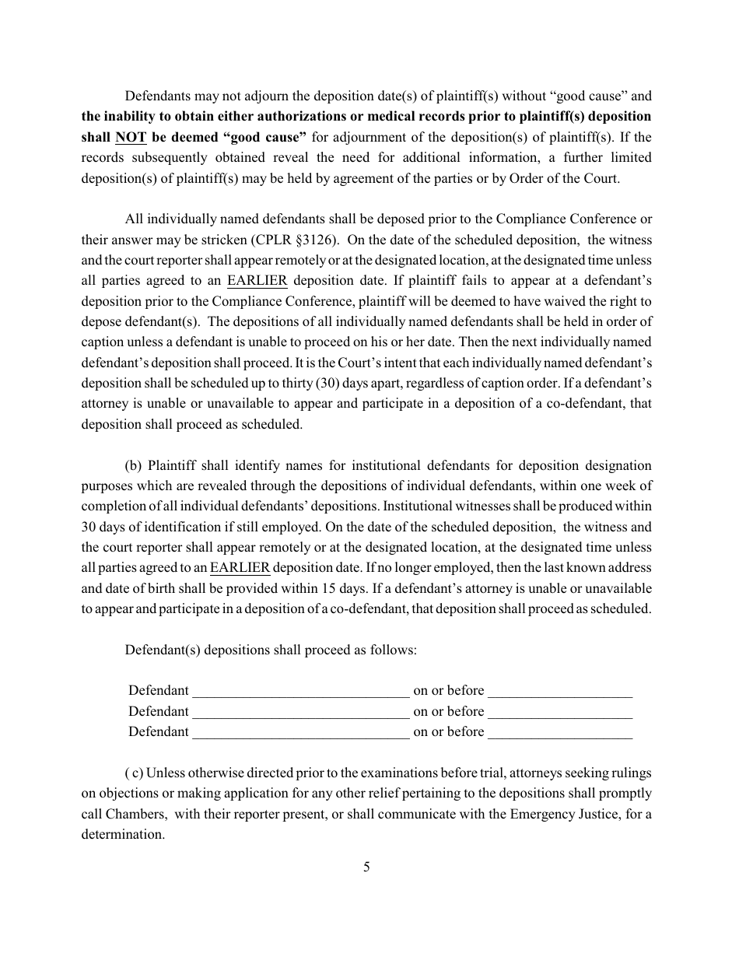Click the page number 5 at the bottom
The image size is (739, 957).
pos(366,867)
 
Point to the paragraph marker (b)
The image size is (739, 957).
pos(134,466)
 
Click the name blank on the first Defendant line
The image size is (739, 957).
pos(300,691)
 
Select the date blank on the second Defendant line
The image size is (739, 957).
pos(560,711)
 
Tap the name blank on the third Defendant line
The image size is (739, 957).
pos(300,731)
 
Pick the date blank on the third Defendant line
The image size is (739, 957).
pos(560,731)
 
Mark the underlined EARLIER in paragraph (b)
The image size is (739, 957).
pos(240,568)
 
